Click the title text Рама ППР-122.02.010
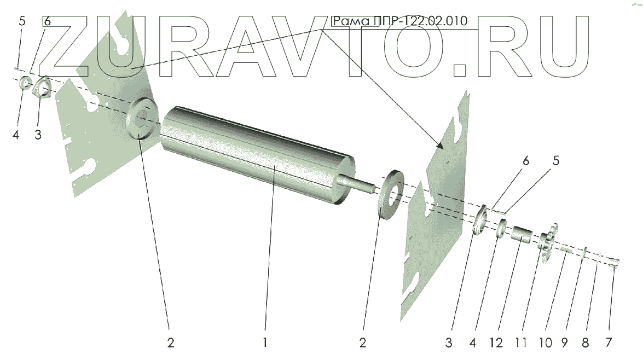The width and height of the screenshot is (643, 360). (x=399, y=21)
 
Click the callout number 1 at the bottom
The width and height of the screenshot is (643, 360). (x=265, y=342)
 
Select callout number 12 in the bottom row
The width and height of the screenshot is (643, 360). (x=496, y=342)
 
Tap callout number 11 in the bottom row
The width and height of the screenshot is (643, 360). (x=521, y=342)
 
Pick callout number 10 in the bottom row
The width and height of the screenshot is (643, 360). (x=546, y=342)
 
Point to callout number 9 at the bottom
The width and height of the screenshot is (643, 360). (x=564, y=342)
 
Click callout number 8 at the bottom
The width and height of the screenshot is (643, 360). (x=585, y=342)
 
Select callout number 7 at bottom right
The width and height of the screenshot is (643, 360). (x=609, y=342)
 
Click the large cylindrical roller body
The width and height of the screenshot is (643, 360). (x=258, y=156)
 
